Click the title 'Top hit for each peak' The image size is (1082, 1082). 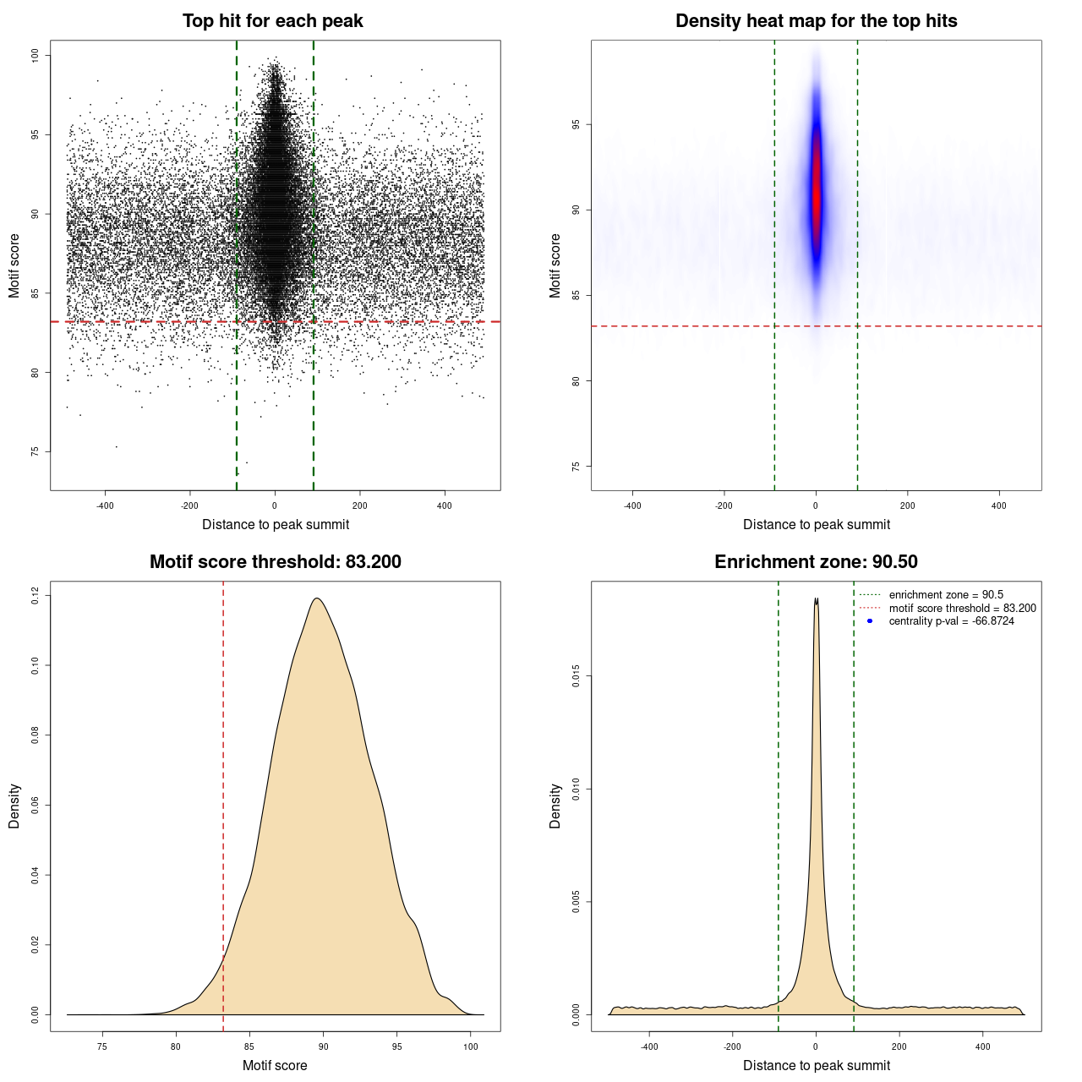click(273, 21)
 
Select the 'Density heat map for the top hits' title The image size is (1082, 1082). click(816, 21)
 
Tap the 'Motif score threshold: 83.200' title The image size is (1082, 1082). click(275, 562)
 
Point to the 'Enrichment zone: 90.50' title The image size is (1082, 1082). click(816, 562)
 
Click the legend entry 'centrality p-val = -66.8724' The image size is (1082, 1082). click(951, 621)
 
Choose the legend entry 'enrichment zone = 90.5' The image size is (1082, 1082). click(946, 595)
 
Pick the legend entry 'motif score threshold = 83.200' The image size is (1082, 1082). click(962, 608)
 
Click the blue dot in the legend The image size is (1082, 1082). click(870, 621)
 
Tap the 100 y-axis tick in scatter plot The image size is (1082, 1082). click(36, 55)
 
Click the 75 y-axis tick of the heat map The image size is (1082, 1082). click(577, 466)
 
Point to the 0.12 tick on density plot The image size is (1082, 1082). click(36, 596)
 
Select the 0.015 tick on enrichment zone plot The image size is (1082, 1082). click(577, 676)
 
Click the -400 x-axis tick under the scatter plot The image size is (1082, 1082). click(105, 505)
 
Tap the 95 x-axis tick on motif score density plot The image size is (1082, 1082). click(397, 1046)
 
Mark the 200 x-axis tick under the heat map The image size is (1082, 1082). click(907, 505)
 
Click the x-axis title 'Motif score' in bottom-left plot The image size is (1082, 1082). click(275, 1065)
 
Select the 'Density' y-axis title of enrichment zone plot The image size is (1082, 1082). click(555, 806)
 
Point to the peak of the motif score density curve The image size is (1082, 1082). click(317, 598)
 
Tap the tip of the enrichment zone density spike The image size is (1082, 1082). click(817, 599)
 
